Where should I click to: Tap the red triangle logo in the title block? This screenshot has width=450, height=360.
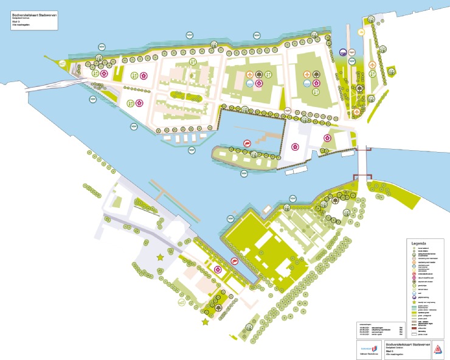[x=437, y=349]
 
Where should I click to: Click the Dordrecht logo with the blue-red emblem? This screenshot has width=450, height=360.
[x=372, y=349]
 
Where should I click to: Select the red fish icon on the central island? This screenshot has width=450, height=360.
[x=247, y=142]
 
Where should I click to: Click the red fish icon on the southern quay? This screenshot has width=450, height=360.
[x=234, y=261]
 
